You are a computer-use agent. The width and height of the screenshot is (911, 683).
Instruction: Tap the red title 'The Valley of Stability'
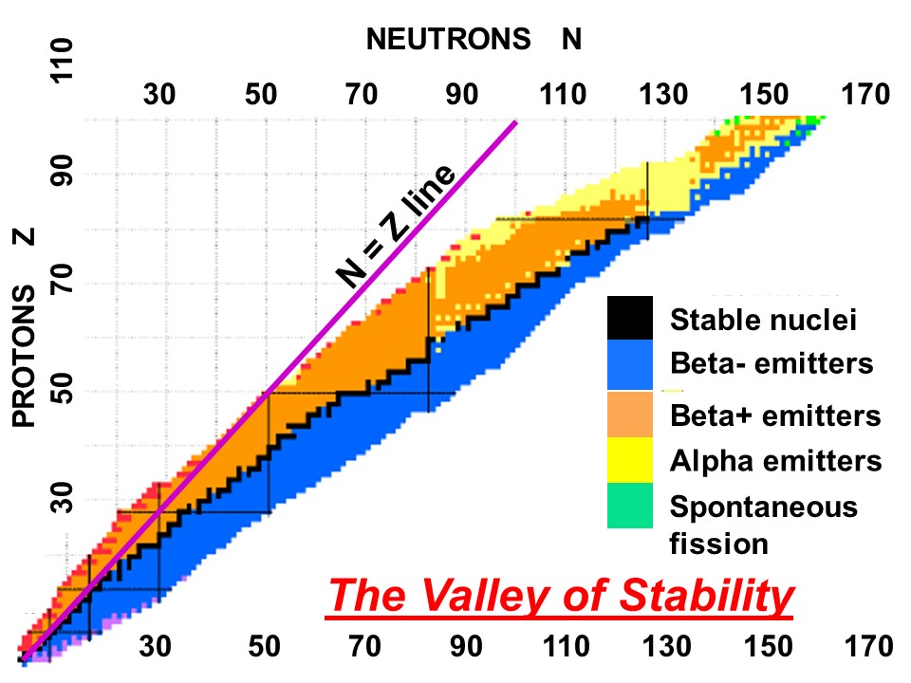(x=560, y=597)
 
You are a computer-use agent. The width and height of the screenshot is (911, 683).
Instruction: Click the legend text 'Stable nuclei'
(x=764, y=320)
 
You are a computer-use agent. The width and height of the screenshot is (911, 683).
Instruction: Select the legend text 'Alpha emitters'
(x=776, y=461)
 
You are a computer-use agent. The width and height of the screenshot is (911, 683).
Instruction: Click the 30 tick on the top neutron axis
(x=160, y=94)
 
